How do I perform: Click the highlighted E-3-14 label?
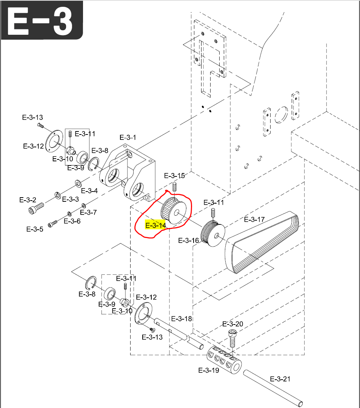coord(155,226)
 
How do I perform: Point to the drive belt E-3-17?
coord(262,242)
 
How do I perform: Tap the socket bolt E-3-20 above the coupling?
coord(232,337)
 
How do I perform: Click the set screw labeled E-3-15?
coord(175,186)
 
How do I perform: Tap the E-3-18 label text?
coord(182,318)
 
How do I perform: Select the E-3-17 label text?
coord(254,219)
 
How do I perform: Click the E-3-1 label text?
coord(128,137)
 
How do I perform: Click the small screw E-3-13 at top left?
coord(40,125)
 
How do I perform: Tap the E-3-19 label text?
coord(209,370)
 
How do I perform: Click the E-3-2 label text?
coord(28,199)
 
